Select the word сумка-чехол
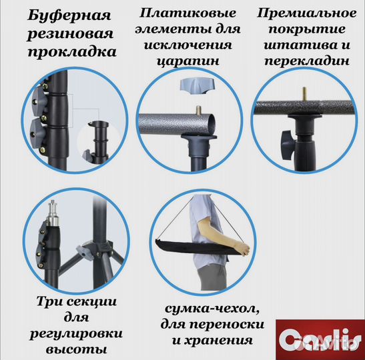[200, 310]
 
